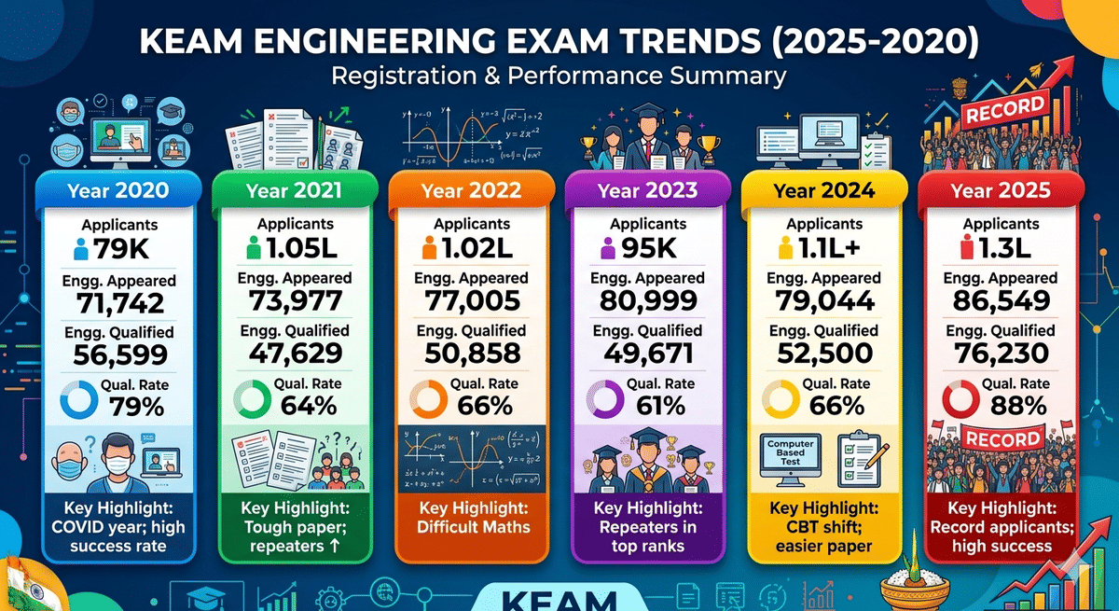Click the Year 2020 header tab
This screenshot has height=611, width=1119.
[x=117, y=192]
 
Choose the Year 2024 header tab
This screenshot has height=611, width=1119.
[x=823, y=192]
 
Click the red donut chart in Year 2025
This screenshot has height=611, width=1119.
[x=959, y=400]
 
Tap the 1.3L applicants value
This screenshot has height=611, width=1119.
[x=1011, y=249]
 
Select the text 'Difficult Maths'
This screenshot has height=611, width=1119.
[x=473, y=527]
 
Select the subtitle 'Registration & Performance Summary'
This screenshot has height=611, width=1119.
[x=559, y=76]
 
